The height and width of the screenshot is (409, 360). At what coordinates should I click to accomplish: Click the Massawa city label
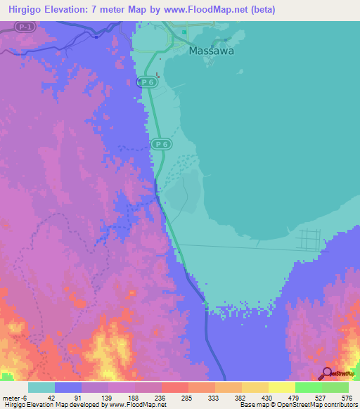pyautogui.click(x=211, y=51)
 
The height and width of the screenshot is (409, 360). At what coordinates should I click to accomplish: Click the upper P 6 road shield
pyautogui.click(x=146, y=82)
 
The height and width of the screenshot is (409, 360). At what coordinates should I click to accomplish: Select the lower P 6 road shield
pyautogui.click(x=160, y=144)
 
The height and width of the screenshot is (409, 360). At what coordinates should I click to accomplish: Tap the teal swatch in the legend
pyautogui.click(x=41, y=387)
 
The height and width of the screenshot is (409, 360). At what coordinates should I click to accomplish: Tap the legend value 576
pyautogui.click(x=347, y=397)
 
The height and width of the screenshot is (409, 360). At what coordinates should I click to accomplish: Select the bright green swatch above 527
pyautogui.click(x=309, y=387)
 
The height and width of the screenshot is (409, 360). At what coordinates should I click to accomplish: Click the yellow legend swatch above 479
pyautogui.click(x=282, y=387)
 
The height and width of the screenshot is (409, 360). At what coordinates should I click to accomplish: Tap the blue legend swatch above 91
pyautogui.click(x=68, y=387)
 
